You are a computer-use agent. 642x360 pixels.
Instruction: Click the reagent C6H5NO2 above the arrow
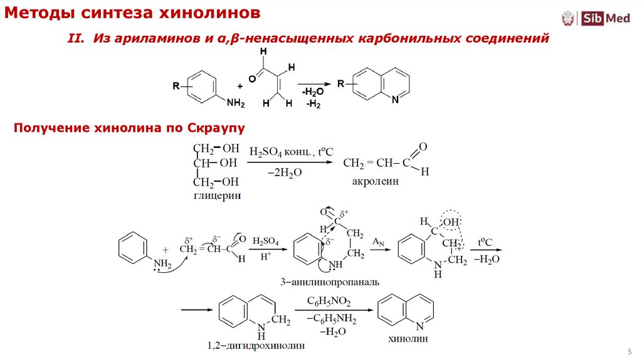[329, 302]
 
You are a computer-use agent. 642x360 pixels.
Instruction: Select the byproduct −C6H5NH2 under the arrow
[330, 320]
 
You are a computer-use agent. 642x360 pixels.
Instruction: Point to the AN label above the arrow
[378, 241]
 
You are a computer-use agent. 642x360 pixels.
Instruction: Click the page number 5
[629, 350]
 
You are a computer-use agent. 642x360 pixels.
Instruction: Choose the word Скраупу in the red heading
[215, 128]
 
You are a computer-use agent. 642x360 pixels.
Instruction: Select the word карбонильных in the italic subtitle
[410, 39]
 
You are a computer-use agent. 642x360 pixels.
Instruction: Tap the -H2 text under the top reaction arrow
[313, 104]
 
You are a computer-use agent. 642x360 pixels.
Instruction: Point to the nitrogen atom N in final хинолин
[419, 326]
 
